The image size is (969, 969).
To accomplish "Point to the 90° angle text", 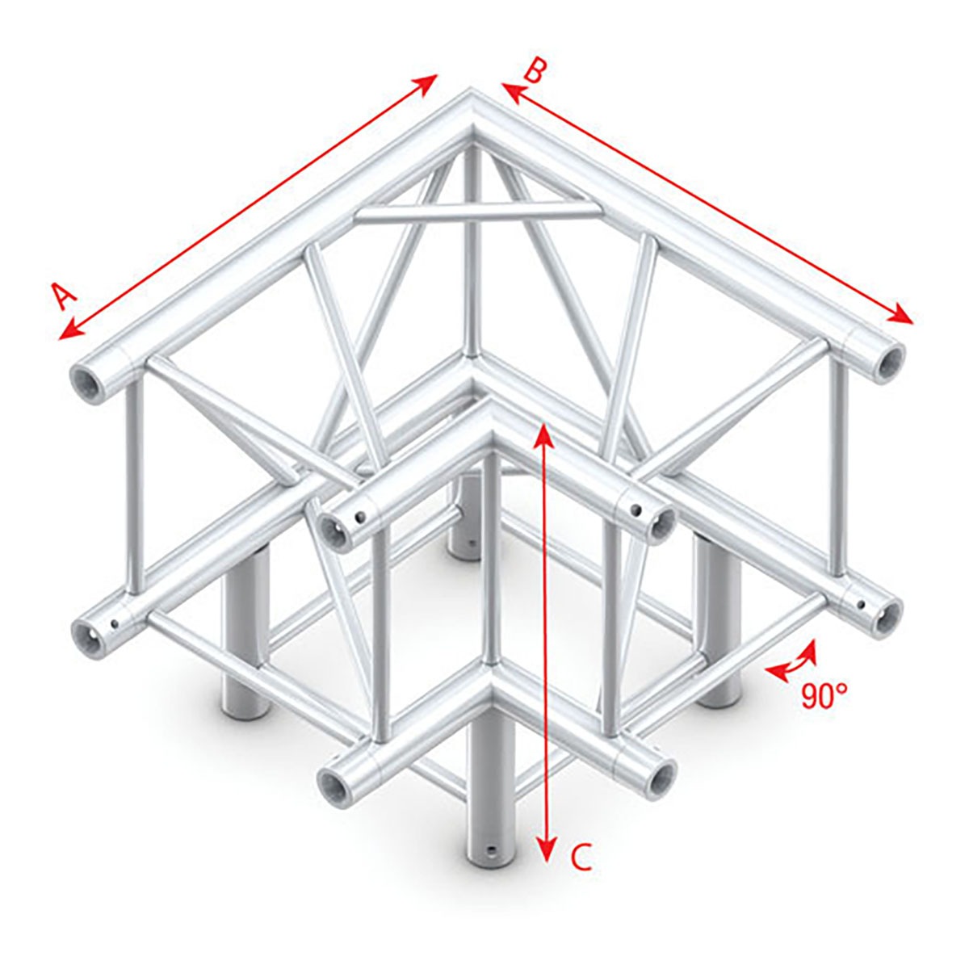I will [x=824, y=695].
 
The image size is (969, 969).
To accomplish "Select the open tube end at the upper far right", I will [x=889, y=359].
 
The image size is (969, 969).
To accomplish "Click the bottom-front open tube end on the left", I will [x=332, y=782].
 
